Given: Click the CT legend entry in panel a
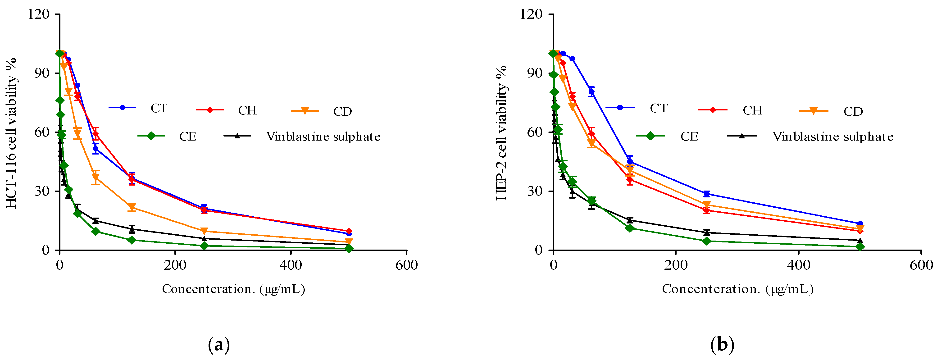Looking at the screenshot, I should pos(159,108).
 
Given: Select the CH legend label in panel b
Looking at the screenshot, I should pos(752,110).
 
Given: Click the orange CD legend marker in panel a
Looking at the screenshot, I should pos(305,111).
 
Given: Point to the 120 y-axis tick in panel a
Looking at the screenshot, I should pos(39,14).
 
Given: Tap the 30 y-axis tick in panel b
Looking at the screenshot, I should pos(534,191).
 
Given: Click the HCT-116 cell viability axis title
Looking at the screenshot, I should pos(12,133).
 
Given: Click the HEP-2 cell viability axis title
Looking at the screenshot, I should pos(502,133).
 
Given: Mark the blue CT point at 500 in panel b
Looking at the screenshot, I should pos(860,224).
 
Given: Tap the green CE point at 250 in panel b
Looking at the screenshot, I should pos(706,241).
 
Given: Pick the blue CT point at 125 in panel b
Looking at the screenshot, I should pos(630,162).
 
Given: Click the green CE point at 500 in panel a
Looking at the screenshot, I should pos(348,249).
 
